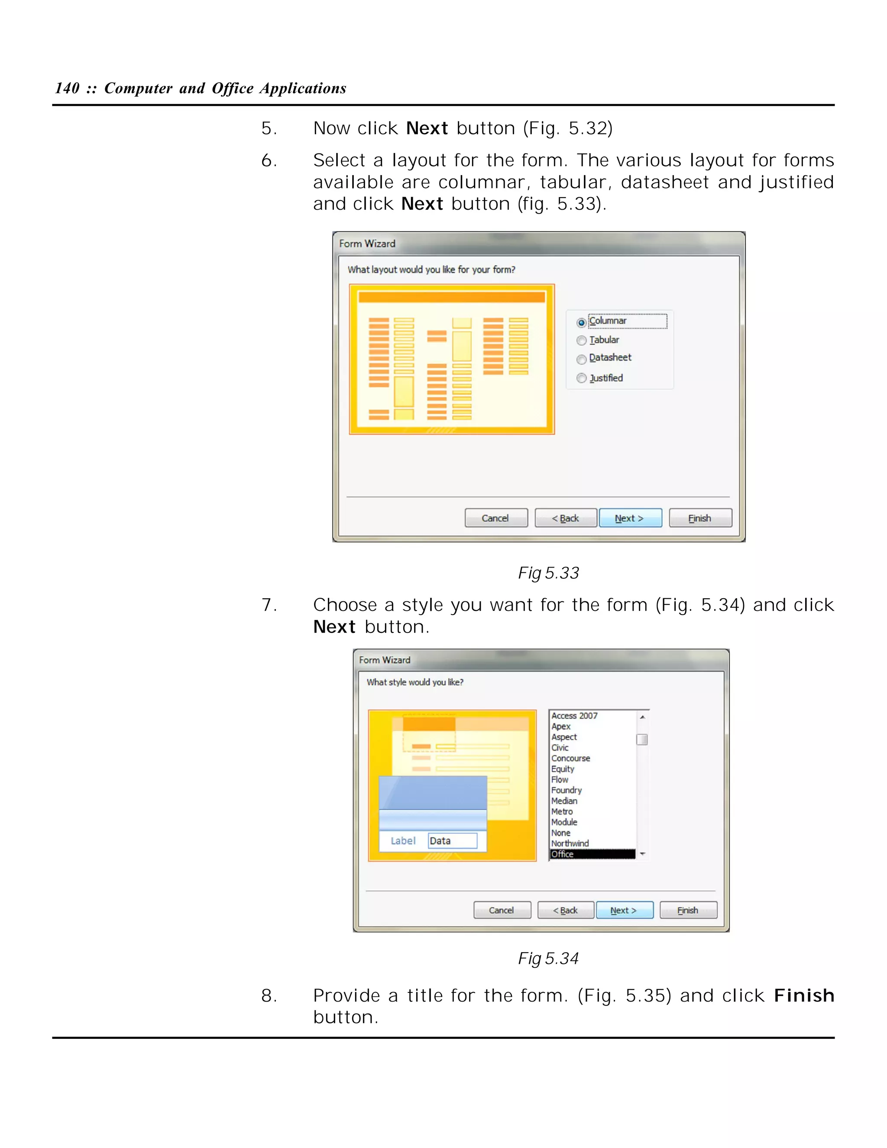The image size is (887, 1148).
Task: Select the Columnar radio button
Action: click(x=581, y=322)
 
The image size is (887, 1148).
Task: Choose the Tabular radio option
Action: click(x=581, y=341)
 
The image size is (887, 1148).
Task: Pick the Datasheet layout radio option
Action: click(x=581, y=359)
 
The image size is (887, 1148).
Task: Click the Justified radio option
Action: click(x=581, y=378)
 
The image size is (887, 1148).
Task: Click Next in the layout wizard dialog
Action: click(x=630, y=518)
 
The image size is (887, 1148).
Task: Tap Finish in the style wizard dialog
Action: click(x=688, y=910)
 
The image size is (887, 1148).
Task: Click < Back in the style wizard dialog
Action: click(x=565, y=910)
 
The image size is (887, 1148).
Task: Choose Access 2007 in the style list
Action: click(x=574, y=715)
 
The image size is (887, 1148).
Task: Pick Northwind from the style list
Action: click(x=570, y=843)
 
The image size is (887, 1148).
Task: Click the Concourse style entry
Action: click(x=571, y=758)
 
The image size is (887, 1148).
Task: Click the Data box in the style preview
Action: click(x=452, y=840)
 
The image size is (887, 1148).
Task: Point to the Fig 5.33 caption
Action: click(x=548, y=572)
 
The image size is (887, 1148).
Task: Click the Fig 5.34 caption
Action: click(x=548, y=958)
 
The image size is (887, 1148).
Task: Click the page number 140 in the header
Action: click(x=67, y=88)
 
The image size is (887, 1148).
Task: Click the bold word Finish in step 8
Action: click(x=803, y=996)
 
